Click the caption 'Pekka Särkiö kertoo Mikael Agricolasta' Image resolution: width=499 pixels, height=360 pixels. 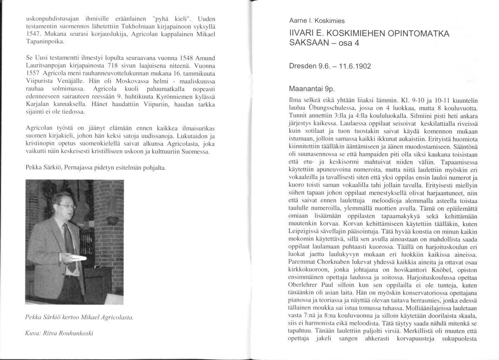79,317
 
